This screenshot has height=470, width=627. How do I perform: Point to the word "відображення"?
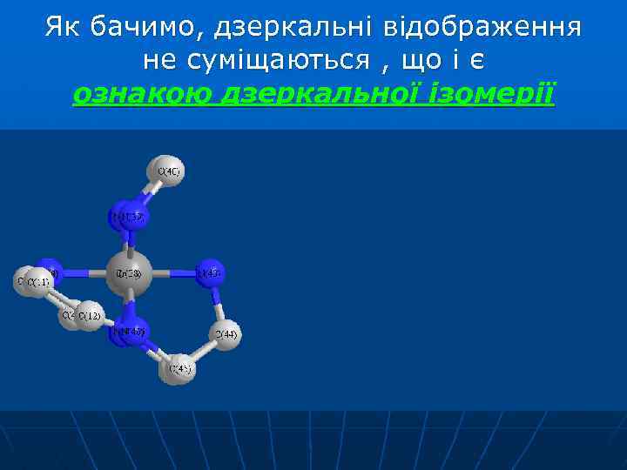click(484, 28)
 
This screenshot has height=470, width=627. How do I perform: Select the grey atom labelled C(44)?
click(226, 334)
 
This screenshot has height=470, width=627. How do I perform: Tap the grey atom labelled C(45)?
click(178, 369)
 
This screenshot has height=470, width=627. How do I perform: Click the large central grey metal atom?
click(130, 274)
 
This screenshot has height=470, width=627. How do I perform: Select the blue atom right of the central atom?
click(209, 273)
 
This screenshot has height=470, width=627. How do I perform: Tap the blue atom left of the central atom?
click(51, 272)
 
